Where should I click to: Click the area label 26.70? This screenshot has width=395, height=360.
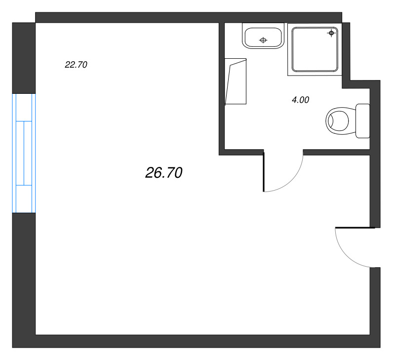(164, 173)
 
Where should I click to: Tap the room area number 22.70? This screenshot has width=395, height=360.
(76, 65)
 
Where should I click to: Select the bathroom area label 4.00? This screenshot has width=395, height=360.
(300, 100)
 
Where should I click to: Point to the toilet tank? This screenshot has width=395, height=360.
(362, 121)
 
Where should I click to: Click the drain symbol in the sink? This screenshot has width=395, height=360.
(263, 40)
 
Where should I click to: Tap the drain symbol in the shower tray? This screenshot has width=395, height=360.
(331, 33)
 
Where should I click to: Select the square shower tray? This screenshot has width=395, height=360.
(315, 49)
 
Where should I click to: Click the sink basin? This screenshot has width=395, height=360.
(263, 38)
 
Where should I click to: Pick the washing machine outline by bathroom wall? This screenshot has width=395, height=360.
(236, 81)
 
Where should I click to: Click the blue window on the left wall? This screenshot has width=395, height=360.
(24, 153)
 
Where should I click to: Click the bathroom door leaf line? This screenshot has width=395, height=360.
(264, 172)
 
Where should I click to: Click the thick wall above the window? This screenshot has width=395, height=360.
(24, 58)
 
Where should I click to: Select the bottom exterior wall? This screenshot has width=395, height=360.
(196, 341)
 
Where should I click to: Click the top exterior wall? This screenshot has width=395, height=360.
(189, 17)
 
